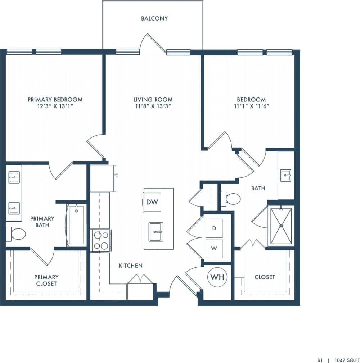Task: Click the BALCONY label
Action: point(154,18)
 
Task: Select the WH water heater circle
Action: point(218,277)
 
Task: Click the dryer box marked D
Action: point(214,228)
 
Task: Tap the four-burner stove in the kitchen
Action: point(100,240)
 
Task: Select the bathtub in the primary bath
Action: point(76,225)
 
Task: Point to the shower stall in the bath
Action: point(281,226)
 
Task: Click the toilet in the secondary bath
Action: point(231,199)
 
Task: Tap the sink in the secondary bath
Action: point(286,176)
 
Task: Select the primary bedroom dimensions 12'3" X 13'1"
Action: point(55,106)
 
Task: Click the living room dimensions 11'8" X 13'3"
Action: point(153,106)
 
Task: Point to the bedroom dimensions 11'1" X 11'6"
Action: point(251,106)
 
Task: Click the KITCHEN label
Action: point(131,266)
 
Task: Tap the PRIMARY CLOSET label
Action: point(46,280)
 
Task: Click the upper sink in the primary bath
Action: point(14,177)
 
